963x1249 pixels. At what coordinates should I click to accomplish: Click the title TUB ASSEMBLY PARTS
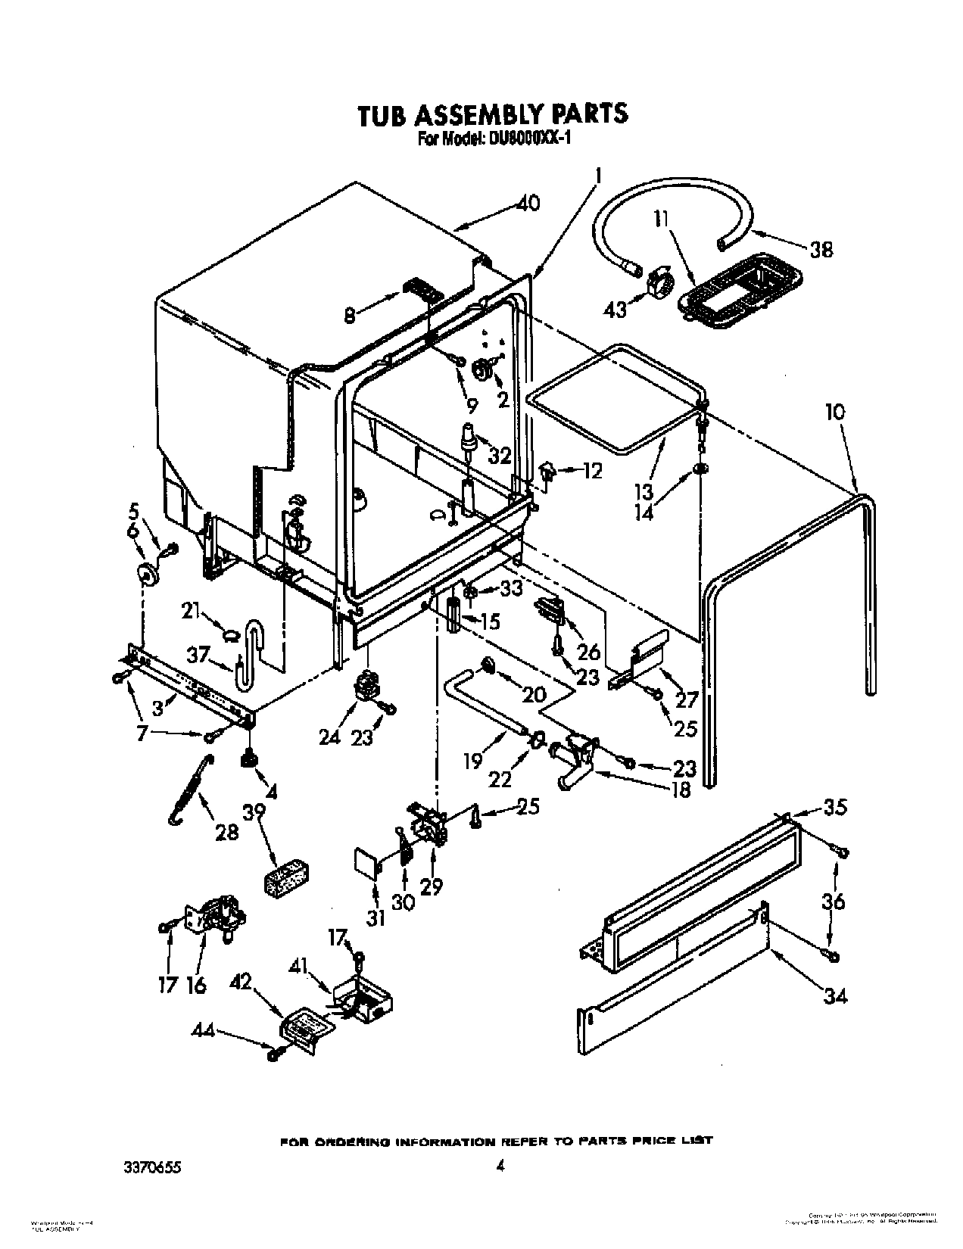(x=492, y=113)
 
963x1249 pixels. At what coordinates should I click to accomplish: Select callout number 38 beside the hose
(x=821, y=249)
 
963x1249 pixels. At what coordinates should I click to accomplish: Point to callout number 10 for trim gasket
(x=835, y=413)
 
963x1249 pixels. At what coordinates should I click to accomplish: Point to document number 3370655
(x=154, y=1146)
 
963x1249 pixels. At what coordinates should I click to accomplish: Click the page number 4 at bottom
(x=499, y=1146)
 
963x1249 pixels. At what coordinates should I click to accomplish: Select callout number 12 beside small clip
(x=592, y=472)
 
